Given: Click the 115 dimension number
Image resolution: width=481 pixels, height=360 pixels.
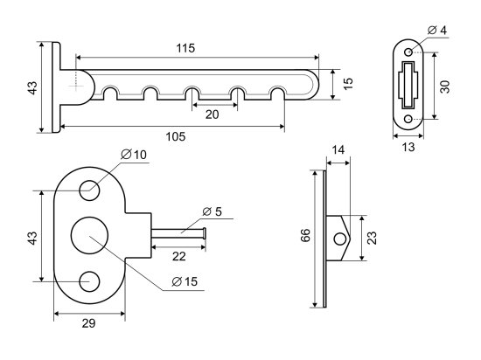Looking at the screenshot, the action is (185, 48).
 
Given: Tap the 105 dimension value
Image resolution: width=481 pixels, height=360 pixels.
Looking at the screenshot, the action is (176, 136).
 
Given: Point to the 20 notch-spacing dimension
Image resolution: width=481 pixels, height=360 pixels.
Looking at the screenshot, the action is (212, 114).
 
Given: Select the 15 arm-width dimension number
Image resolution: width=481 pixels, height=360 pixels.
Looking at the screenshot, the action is (348, 84).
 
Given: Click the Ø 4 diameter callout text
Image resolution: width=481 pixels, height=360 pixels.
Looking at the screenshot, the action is (436, 31).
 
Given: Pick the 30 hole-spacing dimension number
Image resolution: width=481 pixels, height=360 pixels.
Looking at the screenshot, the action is (445, 87).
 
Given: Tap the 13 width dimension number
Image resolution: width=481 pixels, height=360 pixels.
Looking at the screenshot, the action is (408, 148).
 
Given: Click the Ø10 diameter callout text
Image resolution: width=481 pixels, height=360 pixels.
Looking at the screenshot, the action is (134, 155).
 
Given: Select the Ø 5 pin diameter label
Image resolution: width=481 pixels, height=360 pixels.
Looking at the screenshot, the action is (213, 211).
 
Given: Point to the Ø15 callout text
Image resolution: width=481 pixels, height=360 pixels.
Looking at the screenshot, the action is (185, 281).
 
